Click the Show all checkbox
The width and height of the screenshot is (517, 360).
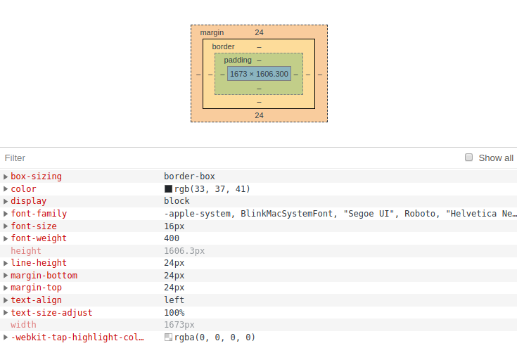click(469, 157)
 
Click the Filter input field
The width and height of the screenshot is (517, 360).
click(211, 158)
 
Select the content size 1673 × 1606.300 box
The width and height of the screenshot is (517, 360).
click(259, 74)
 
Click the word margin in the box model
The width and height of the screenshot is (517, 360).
click(212, 33)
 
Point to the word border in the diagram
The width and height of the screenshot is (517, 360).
click(223, 46)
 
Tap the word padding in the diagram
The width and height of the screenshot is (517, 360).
click(238, 60)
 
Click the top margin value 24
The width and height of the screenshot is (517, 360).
click(259, 32)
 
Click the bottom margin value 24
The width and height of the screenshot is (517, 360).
click(259, 115)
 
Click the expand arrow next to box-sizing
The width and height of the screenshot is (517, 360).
click(6, 176)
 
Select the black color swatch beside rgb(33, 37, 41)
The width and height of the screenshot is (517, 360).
click(168, 189)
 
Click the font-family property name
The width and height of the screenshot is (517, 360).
click(39, 214)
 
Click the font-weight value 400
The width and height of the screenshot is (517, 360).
click(172, 238)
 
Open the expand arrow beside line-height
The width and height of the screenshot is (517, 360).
click(6, 263)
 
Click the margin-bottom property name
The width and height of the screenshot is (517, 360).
click(44, 276)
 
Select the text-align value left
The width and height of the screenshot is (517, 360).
click(174, 300)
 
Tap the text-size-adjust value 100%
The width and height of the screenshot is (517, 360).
click(174, 313)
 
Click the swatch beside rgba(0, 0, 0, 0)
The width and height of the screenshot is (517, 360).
click(168, 337)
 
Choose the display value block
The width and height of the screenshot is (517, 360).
click(177, 201)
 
